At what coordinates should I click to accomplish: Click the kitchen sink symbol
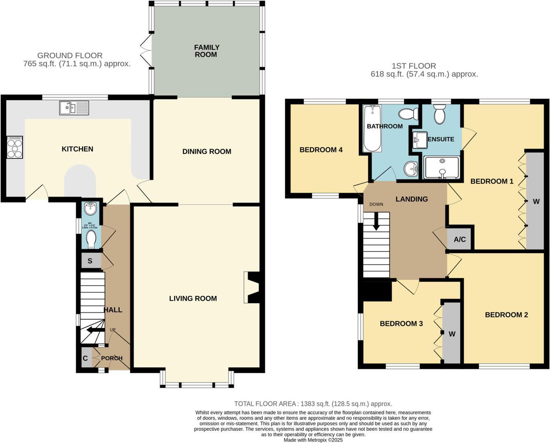(x=74, y=108)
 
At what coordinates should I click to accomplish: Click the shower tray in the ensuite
(x=442, y=167)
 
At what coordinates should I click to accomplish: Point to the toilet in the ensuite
(x=440, y=113)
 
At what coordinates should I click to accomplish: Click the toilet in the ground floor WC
(x=91, y=239)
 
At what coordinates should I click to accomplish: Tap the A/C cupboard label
(x=460, y=239)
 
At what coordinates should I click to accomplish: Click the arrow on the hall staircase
(x=94, y=330)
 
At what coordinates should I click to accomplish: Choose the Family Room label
(x=206, y=51)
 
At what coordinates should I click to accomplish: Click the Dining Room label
(x=206, y=151)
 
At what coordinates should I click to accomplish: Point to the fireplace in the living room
(x=251, y=287)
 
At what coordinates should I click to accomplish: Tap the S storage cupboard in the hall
(x=90, y=261)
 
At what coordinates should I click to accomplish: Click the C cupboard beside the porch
(x=85, y=358)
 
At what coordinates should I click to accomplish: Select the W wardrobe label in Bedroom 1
(x=536, y=201)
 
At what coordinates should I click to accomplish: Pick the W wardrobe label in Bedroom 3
(x=451, y=334)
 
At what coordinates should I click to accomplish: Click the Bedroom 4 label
(x=321, y=150)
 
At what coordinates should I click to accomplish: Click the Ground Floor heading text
(x=70, y=55)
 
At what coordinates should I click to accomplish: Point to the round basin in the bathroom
(x=410, y=168)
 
